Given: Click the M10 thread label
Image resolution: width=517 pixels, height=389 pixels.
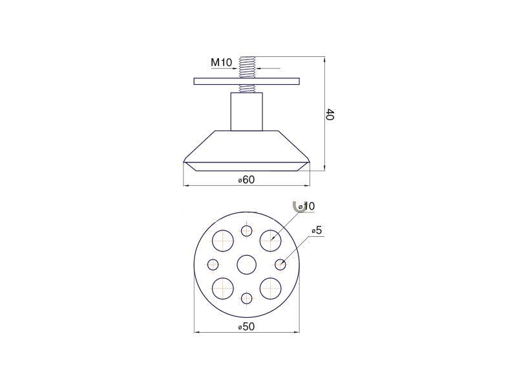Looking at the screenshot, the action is tap(222, 62).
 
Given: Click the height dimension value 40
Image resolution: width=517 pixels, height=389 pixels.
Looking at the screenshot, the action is tap(330, 114).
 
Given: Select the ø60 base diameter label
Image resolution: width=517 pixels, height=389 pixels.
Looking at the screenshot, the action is tap(247, 180).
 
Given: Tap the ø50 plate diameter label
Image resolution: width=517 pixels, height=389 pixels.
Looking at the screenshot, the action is tap(247, 327).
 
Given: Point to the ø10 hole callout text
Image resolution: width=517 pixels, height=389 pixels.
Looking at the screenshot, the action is tap(306, 206).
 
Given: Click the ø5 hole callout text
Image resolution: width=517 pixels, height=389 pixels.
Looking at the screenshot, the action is tap(317, 230).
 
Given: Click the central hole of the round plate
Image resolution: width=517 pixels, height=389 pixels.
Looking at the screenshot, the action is tap(247, 265).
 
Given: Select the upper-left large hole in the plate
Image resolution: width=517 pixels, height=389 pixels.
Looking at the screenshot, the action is tap(222, 240).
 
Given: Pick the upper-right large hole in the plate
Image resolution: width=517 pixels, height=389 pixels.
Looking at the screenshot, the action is tap(270, 240).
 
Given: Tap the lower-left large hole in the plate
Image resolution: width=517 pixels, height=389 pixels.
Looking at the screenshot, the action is tap(222, 289).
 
